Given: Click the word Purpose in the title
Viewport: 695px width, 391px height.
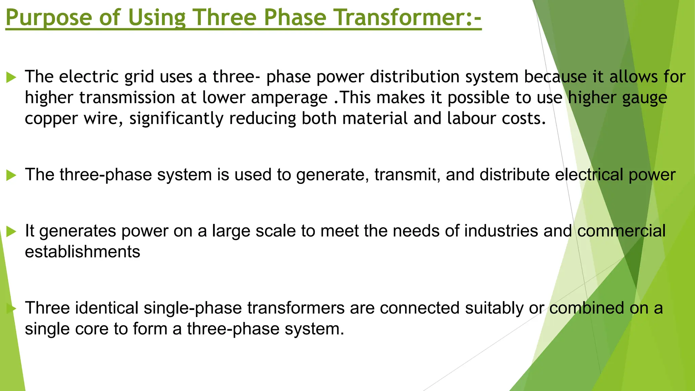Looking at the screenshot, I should pos(49,18).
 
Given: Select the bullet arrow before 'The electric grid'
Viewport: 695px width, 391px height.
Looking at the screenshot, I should pos(11,78).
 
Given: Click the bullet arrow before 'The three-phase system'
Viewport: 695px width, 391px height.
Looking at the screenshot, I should pos(11,175).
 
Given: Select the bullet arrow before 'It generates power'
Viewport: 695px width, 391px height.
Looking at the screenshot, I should pos(11,232).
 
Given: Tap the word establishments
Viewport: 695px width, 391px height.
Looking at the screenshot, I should pos(82,252).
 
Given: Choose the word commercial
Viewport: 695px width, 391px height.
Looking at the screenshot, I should pos(621,231).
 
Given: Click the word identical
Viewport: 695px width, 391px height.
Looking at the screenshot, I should pos(107,308).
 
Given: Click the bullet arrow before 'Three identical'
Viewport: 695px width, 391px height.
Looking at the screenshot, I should pos(11,309).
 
